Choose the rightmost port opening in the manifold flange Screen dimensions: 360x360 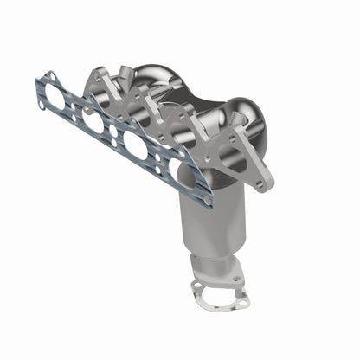pyautogui.click(x=232, y=156)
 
